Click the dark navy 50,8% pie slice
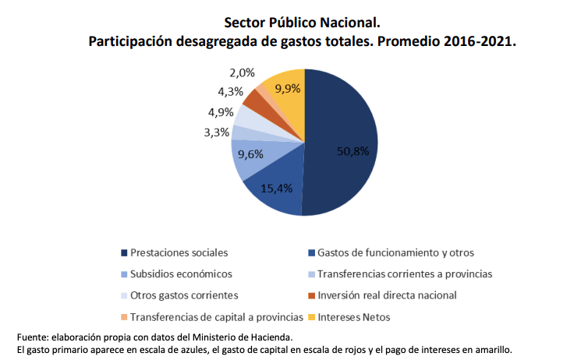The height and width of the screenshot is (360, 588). [343, 148]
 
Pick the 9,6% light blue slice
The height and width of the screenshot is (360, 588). [251, 154]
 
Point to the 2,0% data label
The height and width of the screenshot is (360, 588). [243, 72]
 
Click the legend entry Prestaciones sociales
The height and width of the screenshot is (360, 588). [179, 252]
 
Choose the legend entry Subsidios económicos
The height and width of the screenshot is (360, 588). [181, 274]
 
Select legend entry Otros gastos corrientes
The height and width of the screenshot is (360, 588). [184, 295]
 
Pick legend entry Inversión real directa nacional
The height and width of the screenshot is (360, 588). [387, 295]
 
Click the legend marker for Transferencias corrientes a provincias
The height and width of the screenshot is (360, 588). [312, 274]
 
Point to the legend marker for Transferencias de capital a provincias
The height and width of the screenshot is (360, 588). [125, 317]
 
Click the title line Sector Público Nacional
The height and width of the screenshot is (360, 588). [292, 23]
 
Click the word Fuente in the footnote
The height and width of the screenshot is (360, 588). [35, 336]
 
